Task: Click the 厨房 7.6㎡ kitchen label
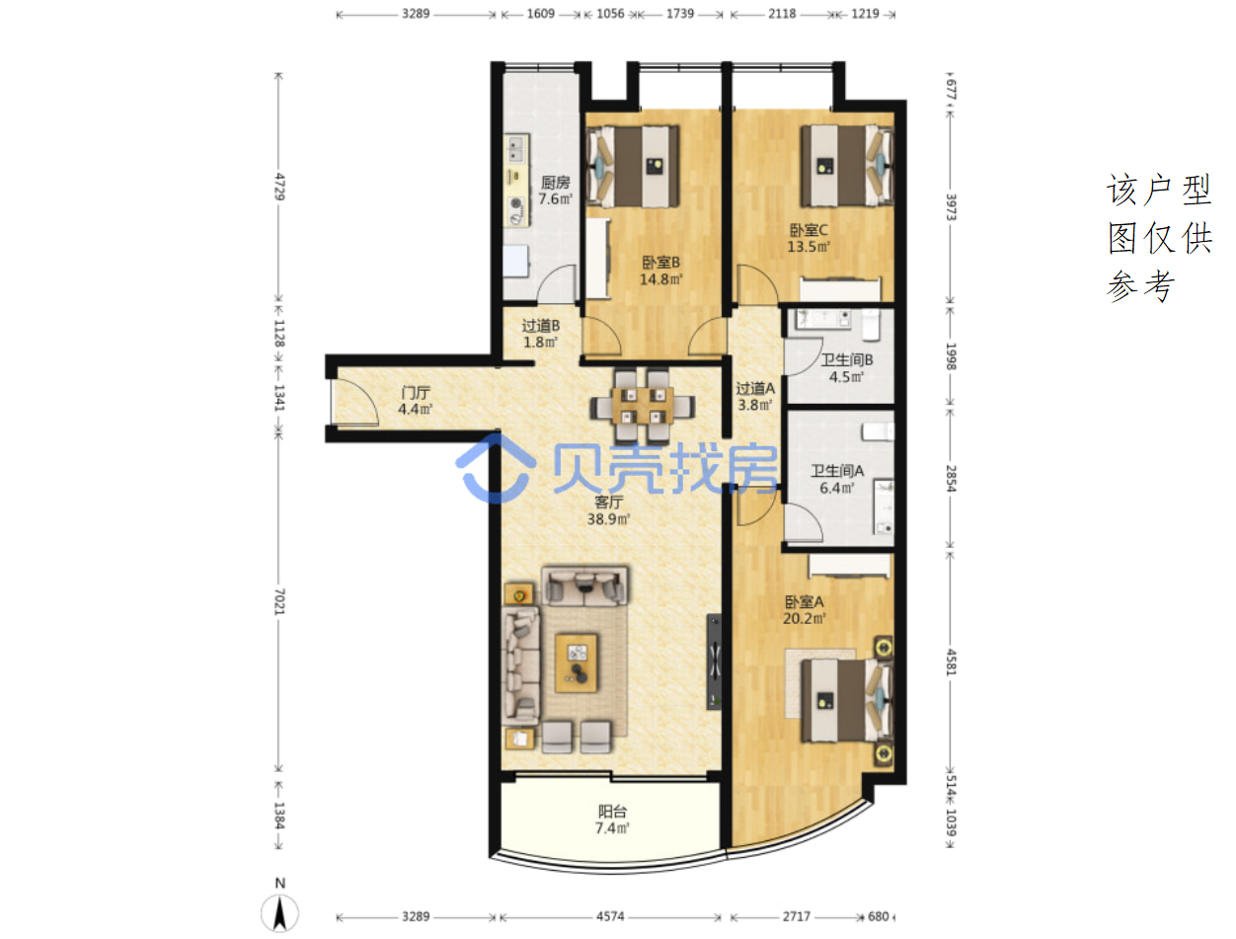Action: click(x=555, y=191)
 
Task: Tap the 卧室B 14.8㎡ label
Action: click(x=660, y=271)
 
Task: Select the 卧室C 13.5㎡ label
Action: click(x=809, y=238)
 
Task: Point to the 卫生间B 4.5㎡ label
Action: click(x=846, y=368)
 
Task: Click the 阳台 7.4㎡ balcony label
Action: click(x=612, y=820)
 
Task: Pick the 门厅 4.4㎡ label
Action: click(x=415, y=401)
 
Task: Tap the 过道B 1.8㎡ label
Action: click(x=541, y=334)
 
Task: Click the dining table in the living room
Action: click(x=642, y=406)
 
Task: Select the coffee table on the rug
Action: click(x=577, y=663)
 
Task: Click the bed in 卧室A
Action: click(x=846, y=701)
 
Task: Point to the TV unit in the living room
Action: click(x=714, y=662)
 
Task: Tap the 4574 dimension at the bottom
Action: click(x=610, y=917)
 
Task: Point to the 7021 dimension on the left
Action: click(x=279, y=601)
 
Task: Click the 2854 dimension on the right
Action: click(x=951, y=478)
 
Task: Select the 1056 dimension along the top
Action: click(x=610, y=14)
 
